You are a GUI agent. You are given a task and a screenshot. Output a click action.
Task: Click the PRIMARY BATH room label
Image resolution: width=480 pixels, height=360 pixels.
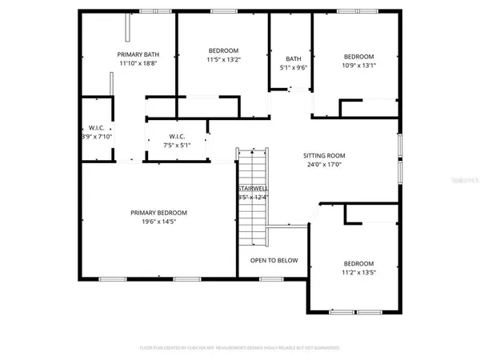135,54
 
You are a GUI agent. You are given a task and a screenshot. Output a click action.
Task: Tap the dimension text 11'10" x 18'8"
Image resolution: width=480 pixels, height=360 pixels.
135,63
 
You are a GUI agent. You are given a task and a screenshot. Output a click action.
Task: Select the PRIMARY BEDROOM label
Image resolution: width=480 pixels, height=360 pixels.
158,212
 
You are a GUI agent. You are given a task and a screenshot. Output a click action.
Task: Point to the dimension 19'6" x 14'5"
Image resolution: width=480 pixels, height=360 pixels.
158,222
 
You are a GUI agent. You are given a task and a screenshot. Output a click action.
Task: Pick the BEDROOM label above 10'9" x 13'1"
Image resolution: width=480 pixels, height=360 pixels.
358,56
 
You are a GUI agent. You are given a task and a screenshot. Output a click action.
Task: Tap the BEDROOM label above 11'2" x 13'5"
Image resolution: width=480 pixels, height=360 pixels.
358,263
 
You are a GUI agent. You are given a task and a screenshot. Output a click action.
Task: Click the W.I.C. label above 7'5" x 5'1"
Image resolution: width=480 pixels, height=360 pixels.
177,136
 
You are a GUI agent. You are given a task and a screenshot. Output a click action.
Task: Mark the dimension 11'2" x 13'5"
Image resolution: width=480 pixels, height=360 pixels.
358,273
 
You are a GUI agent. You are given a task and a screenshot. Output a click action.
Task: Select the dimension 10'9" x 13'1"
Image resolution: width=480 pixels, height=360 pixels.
358,66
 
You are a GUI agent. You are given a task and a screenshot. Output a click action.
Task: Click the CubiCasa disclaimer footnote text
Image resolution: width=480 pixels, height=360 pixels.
240,349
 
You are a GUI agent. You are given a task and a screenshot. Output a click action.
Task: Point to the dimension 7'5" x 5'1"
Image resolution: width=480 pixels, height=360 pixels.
177,146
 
